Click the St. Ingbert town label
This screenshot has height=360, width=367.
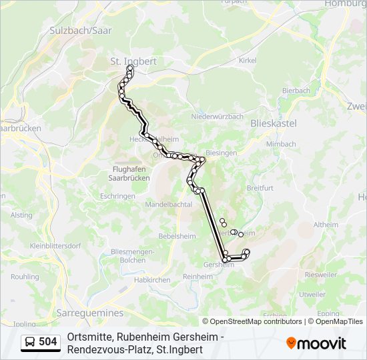[133, 61]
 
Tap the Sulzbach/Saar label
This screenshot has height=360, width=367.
[80, 31]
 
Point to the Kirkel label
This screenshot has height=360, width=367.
[248, 60]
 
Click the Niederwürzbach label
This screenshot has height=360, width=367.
[217, 116]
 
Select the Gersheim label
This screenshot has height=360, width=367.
[218, 265]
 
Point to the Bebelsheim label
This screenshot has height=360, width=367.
[176, 237]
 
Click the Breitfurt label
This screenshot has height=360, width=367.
[260, 188]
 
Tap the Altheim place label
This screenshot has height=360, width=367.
[326, 225]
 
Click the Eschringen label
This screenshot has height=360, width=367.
[117, 196]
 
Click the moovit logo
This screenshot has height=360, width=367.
[316, 343]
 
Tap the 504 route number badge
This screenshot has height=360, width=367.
[40, 342]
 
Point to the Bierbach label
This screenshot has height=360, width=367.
[296, 91]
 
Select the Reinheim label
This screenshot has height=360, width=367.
[198, 276]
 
